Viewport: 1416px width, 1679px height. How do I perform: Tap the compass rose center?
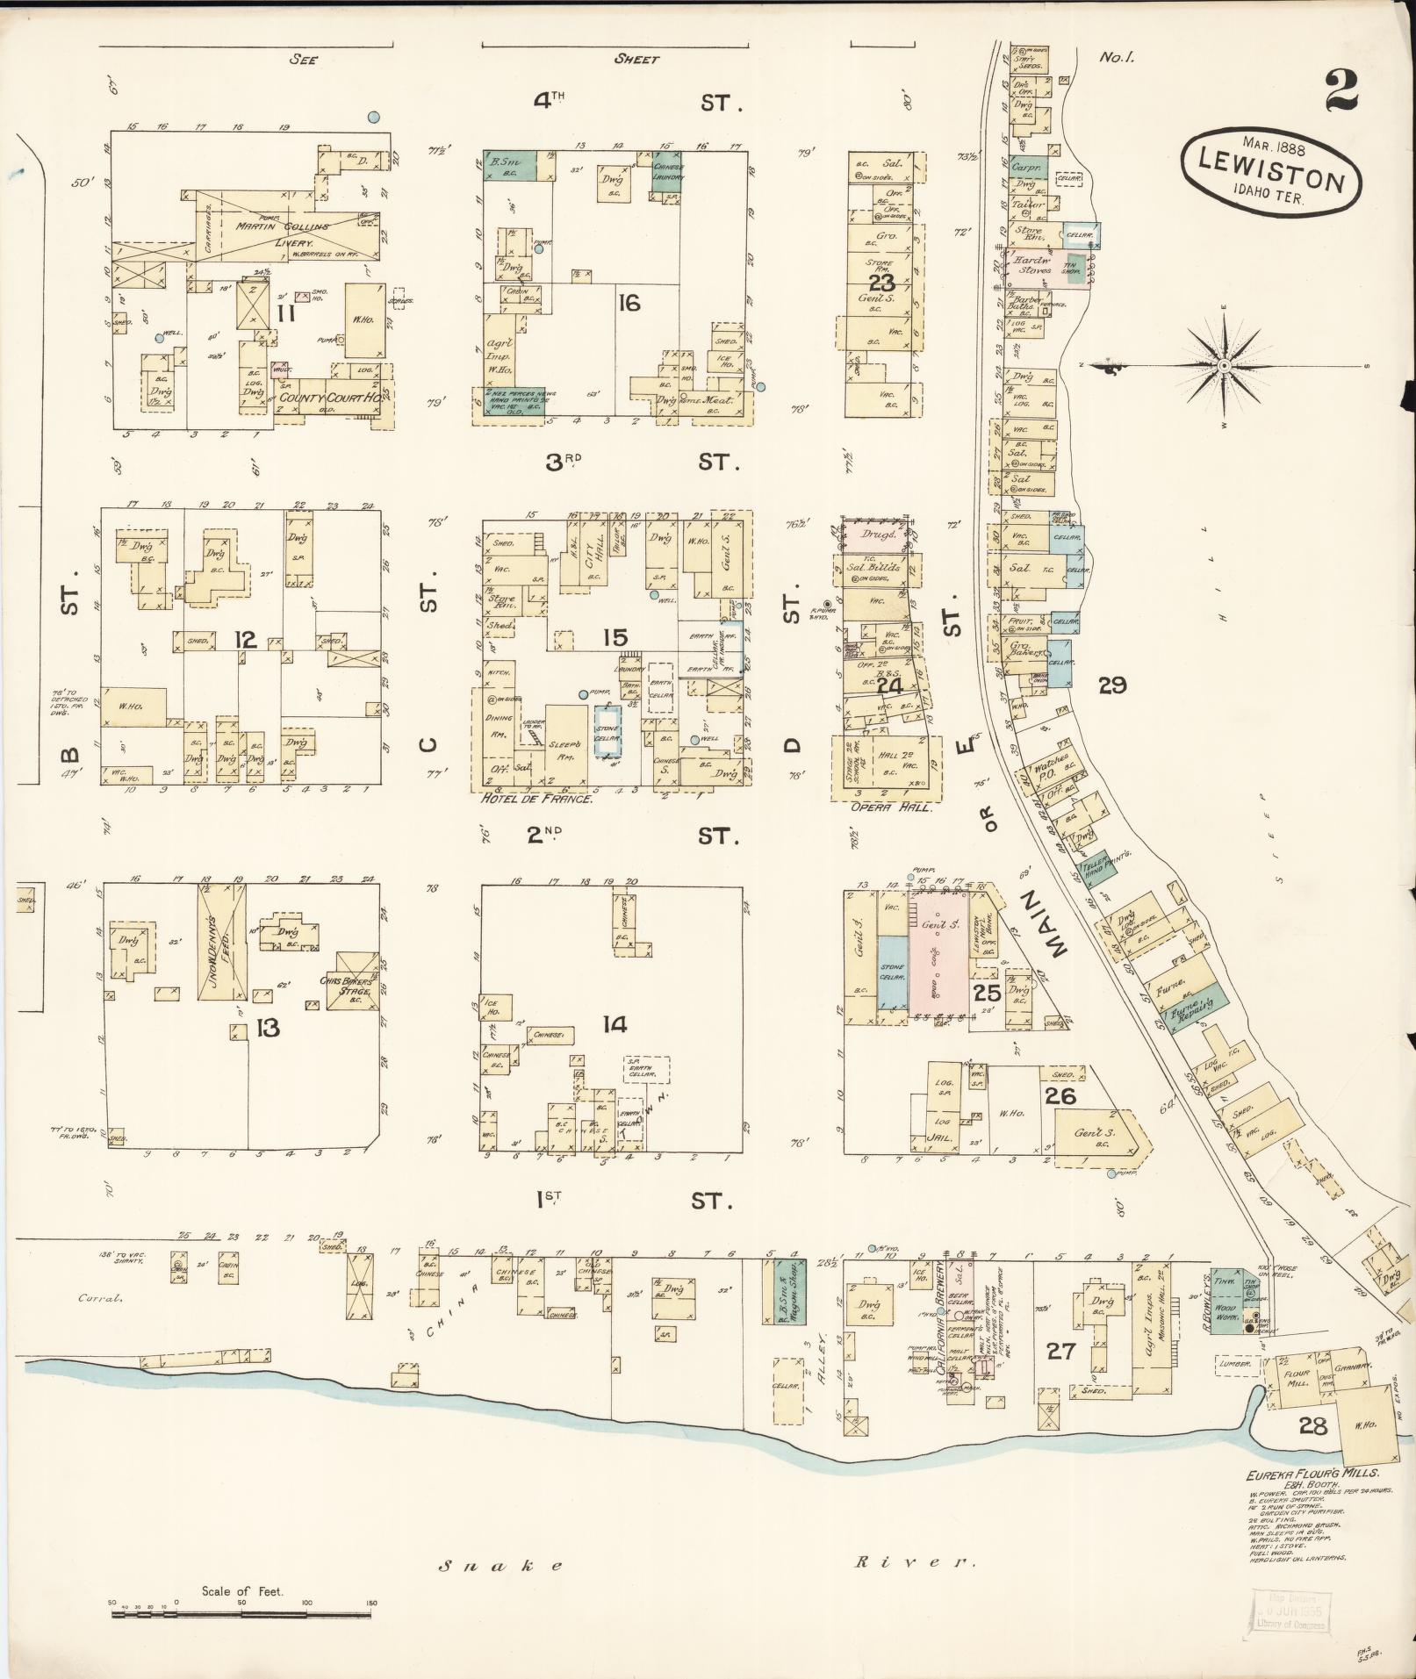(x=1222, y=365)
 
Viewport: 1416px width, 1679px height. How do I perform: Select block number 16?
(x=629, y=305)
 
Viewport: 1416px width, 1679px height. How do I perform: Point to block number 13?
(x=267, y=1028)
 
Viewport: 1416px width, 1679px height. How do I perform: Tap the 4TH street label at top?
(x=550, y=102)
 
